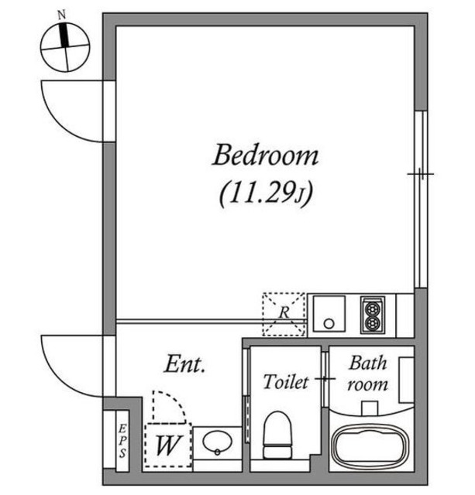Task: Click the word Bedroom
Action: [265, 155]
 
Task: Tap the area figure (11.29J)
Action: [265, 193]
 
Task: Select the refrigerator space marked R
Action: [284, 313]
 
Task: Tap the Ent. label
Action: [184, 365]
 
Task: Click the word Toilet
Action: [286, 382]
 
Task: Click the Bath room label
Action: [367, 373]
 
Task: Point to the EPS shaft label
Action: [122, 441]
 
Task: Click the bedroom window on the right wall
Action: [421, 197]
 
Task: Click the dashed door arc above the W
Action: [167, 406]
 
